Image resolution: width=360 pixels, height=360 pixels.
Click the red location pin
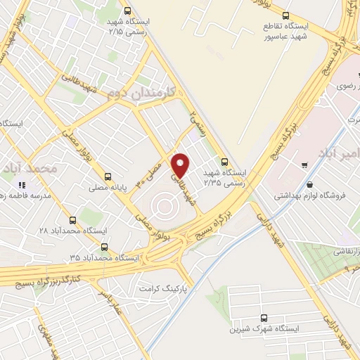coord(181,165)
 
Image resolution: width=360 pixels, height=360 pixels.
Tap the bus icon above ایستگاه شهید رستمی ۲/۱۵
coord(127,11)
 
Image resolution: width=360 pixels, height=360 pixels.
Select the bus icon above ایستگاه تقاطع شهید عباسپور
coord(285,15)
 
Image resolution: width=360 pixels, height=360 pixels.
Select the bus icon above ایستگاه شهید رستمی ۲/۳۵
coord(224,160)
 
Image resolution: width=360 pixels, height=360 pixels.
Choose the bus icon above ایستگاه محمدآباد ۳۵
coord(105,247)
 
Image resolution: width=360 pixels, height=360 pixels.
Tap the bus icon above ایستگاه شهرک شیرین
coord(264,317)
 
